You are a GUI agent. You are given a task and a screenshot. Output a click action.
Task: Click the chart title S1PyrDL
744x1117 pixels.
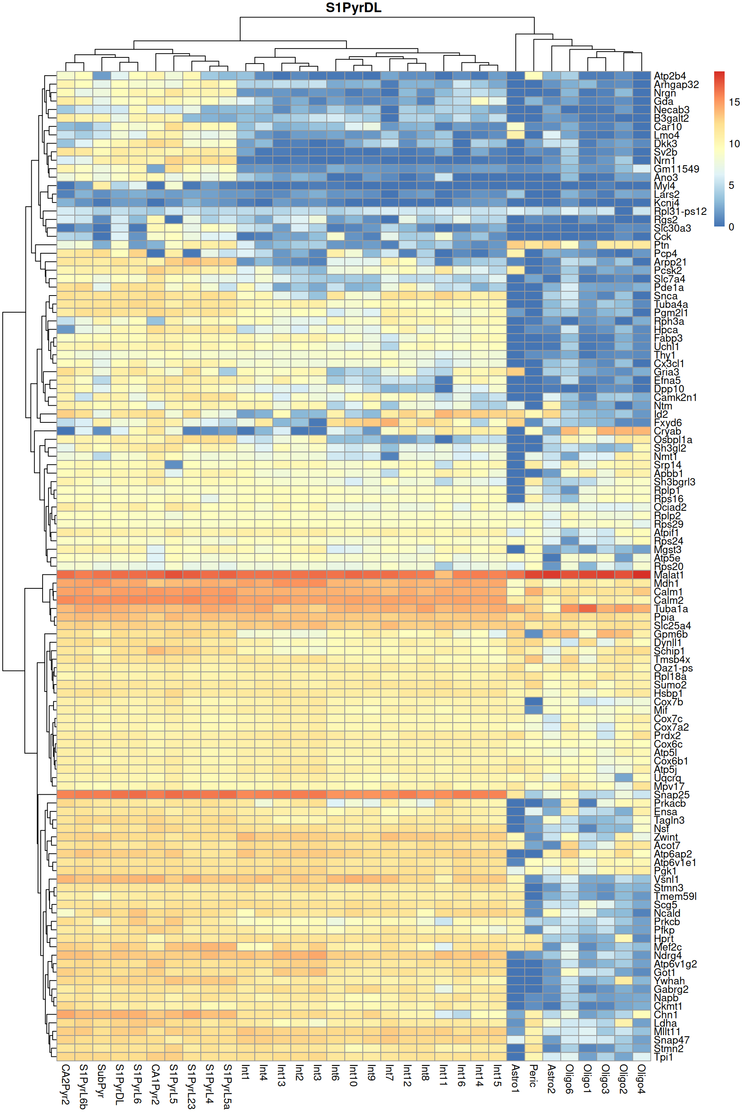point(353,8)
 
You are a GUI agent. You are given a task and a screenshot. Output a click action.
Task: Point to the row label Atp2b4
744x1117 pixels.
point(670,76)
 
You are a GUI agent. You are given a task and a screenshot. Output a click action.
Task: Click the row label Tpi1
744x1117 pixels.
point(663,1057)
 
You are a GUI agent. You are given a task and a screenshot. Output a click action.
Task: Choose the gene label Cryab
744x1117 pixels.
point(667,431)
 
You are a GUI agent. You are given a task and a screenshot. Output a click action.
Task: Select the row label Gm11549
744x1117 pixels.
point(676,169)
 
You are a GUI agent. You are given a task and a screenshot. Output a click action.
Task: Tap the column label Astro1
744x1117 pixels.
point(516,1078)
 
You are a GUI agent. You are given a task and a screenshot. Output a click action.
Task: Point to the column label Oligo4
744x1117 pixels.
point(642,1079)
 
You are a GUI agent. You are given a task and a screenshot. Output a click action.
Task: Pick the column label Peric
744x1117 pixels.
point(533,1076)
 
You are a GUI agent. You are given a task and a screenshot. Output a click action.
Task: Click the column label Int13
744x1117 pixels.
point(281,1076)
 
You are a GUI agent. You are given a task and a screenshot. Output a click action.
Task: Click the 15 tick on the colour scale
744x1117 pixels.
point(734,102)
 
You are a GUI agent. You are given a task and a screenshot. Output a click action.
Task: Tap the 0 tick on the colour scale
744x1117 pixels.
point(731,227)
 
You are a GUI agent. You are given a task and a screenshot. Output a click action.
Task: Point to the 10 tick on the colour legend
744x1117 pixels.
point(734,144)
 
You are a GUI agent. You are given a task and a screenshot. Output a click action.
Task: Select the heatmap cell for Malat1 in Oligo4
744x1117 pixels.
point(642,575)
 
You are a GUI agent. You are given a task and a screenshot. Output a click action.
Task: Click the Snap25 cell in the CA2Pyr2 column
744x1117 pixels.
point(65,795)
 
